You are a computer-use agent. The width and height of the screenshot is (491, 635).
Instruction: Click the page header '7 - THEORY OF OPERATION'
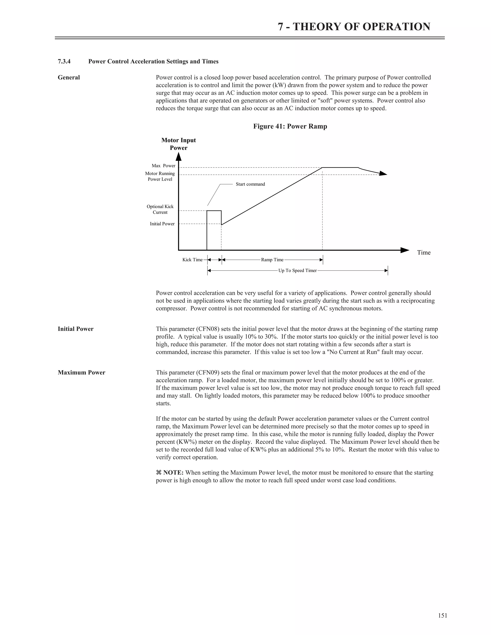tap(354, 27)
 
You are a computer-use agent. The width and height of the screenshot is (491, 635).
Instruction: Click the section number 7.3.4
tap(64, 62)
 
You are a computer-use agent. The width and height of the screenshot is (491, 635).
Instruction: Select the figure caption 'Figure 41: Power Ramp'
tap(290, 127)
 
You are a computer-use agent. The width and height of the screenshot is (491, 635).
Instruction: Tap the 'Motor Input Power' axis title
tap(179, 144)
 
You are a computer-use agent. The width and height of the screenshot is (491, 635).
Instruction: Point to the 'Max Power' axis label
tap(164, 166)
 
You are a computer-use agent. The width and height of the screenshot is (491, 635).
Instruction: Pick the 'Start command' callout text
tap(250, 184)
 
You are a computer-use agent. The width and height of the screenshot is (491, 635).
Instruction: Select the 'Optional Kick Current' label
tap(160, 209)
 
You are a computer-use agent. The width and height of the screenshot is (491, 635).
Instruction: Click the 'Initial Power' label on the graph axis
tap(162, 224)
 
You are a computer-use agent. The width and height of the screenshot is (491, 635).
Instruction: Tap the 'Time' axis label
tap(424, 252)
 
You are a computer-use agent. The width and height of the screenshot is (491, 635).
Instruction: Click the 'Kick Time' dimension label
tap(192, 260)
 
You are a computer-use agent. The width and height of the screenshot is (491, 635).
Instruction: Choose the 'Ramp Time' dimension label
tap(272, 260)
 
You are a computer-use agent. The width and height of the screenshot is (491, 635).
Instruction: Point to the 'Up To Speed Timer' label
tap(297, 271)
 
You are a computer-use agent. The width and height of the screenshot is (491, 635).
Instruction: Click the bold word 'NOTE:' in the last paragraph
tap(173, 473)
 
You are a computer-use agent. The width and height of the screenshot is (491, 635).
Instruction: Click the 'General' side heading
tap(69, 78)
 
